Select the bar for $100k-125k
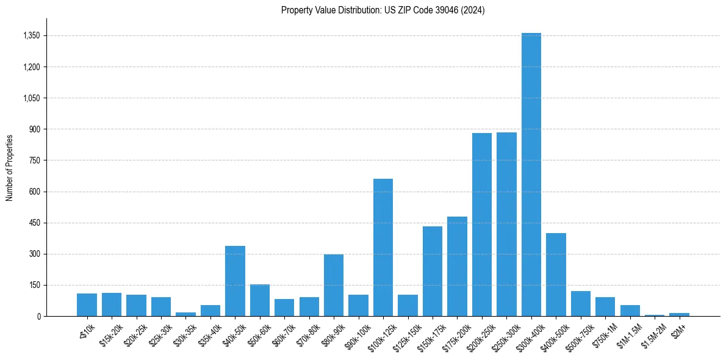(x=383, y=247)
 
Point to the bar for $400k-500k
(x=556, y=275)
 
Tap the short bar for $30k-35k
(x=185, y=314)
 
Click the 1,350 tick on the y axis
(x=31, y=36)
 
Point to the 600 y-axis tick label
(x=34, y=192)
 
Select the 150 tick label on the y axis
(x=34, y=285)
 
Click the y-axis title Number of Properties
(x=9, y=167)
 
